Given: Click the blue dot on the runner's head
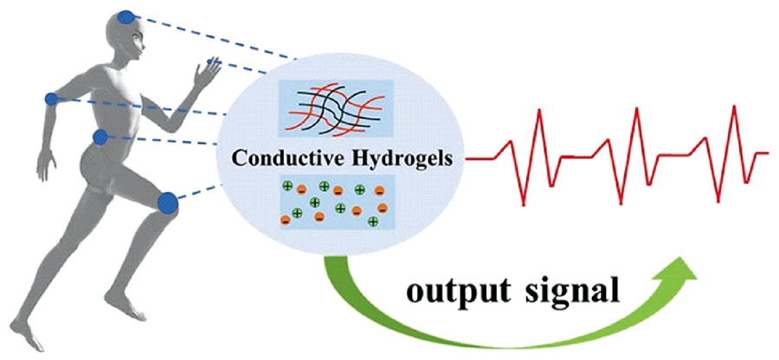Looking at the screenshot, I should [x=126, y=16].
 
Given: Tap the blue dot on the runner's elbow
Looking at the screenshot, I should [x=52, y=100].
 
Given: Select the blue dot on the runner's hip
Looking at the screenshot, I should [x=100, y=137].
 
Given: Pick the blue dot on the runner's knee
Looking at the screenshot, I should [x=168, y=203].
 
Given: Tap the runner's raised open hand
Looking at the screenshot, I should [x=207, y=73].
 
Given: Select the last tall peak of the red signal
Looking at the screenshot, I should [x=735, y=106].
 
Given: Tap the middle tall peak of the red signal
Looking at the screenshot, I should [x=636, y=109].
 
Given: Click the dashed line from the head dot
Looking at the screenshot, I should [x=216, y=39].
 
